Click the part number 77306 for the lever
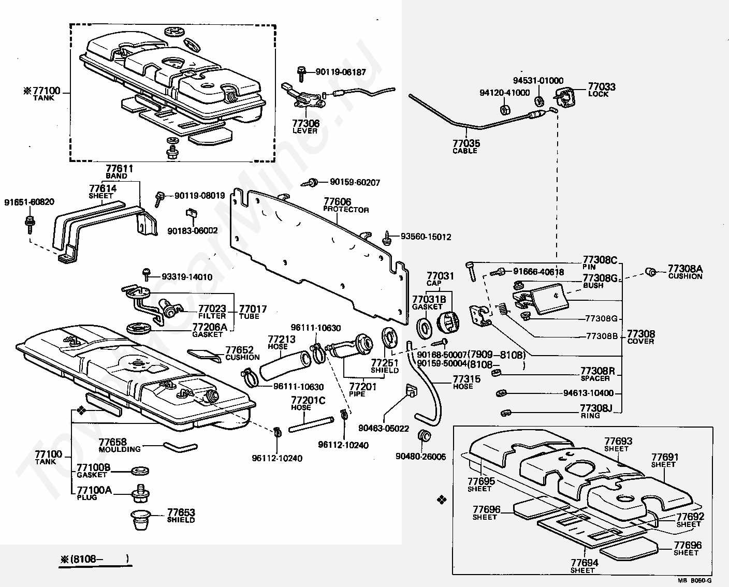(x=305, y=124)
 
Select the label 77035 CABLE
(x=465, y=146)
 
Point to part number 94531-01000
(x=538, y=81)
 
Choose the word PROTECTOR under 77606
(x=346, y=210)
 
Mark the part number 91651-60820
(x=30, y=201)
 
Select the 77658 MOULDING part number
(x=112, y=442)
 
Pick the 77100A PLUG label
(x=94, y=493)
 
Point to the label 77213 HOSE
(x=281, y=343)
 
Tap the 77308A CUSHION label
(x=685, y=272)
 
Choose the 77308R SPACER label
(x=597, y=374)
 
